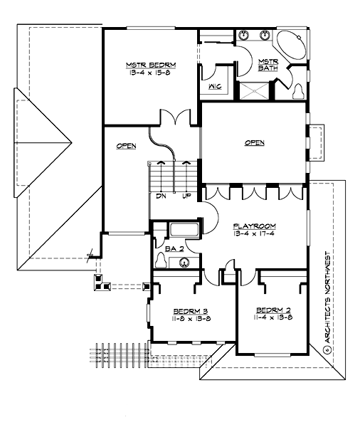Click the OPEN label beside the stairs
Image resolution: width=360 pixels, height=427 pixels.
[126, 146]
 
